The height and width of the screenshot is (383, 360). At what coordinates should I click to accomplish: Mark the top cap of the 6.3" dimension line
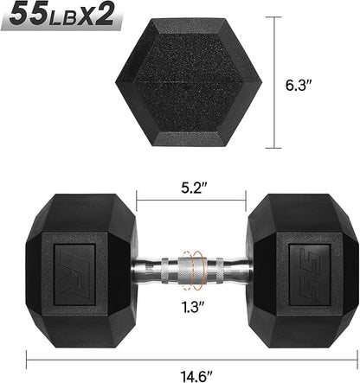278,16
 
